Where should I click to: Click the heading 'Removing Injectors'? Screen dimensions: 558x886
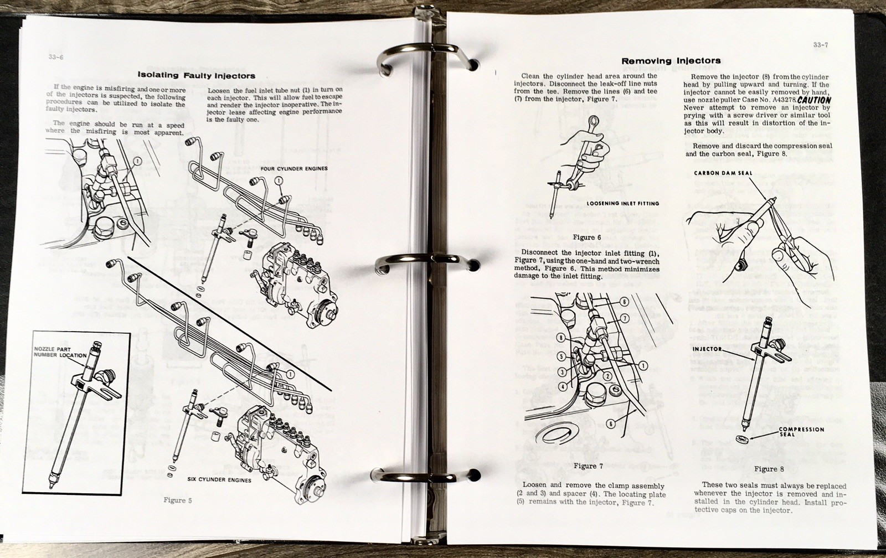(x=671, y=61)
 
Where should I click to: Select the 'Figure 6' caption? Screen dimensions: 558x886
(x=587, y=237)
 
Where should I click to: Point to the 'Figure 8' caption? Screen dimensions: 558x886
(x=769, y=469)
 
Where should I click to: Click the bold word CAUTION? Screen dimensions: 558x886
(x=814, y=100)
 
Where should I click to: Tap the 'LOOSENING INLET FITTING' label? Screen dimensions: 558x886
(x=623, y=203)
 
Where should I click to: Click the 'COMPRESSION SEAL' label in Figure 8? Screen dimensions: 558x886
(x=801, y=432)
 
